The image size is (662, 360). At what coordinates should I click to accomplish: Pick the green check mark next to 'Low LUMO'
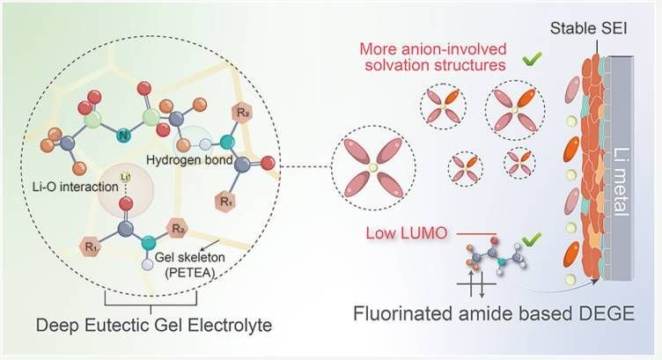tap(531, 237)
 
